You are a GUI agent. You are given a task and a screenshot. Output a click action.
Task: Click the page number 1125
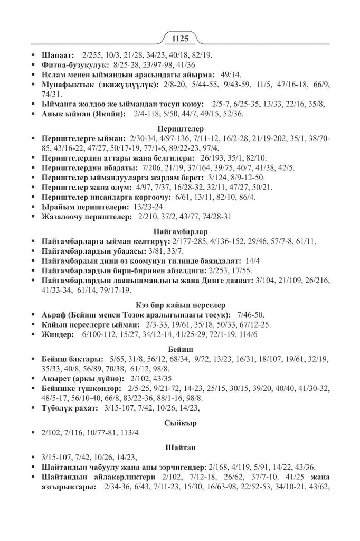pos(179,38)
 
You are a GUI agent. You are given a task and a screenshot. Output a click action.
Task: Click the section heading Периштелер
pos(179,128)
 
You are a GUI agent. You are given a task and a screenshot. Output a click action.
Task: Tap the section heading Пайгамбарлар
pos(179,231)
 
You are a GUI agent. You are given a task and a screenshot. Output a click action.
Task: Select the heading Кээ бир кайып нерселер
pos(179,305)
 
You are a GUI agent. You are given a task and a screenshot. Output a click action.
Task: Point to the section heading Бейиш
pos(179,350)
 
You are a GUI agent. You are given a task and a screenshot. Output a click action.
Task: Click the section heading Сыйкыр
pos(179,423)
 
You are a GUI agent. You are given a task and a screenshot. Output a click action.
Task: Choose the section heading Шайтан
pos(179,447)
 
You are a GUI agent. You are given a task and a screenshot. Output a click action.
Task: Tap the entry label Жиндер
pos(56,334)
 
